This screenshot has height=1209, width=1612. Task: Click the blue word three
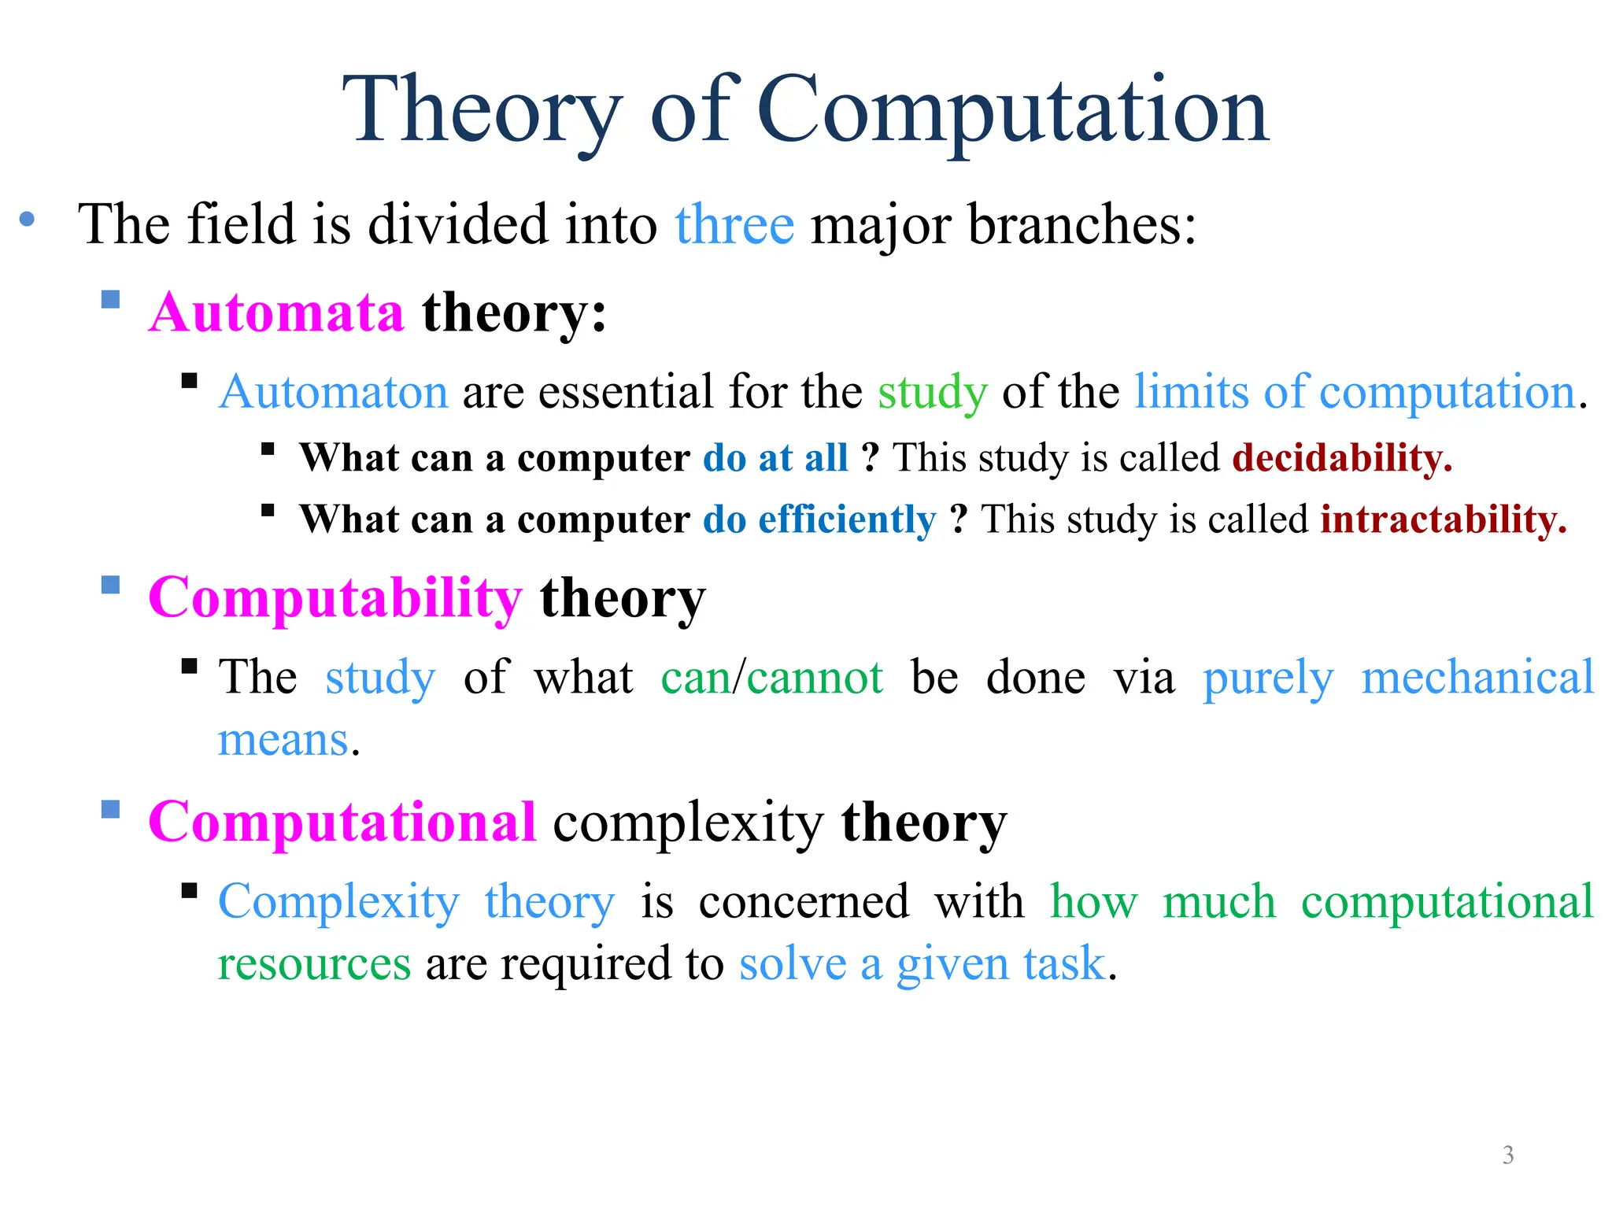coord(734,225)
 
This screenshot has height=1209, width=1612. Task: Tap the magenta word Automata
coord(276,313)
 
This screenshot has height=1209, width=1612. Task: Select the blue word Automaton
coord(334,392)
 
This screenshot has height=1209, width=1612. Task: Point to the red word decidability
coord(1341,458)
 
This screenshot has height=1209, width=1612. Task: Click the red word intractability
coord(1443,520)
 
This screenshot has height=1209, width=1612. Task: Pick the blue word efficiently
coord(847,520)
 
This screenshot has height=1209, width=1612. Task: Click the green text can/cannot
coord(771,678)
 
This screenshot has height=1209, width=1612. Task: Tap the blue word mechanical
coord(1477,678)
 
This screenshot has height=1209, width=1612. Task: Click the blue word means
coord(283,741)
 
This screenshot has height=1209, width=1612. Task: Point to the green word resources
coord(314,964)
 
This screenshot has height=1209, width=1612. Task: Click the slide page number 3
coord(1507,1155)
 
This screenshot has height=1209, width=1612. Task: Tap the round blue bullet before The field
coord(28,220)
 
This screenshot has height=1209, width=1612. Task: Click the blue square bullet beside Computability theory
coord(111,585)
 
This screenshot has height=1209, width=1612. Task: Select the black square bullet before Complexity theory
coord(189,890)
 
